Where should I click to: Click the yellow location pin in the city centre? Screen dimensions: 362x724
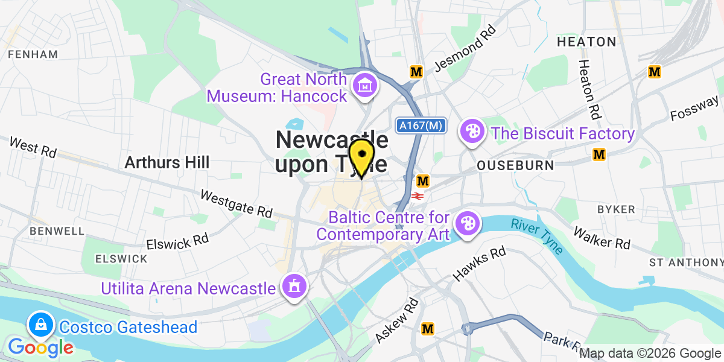361,155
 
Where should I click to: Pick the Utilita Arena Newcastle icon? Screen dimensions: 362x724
294,287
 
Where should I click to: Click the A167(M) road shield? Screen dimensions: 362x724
421,125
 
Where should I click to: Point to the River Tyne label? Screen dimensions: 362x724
537,236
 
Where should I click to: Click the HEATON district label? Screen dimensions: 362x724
586,42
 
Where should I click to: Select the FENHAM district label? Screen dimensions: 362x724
33,54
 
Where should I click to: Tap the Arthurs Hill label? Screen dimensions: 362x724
167,162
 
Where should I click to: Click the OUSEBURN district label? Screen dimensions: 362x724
506,165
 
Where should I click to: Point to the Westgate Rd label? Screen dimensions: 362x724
236,204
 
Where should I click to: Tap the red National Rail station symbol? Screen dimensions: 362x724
417,195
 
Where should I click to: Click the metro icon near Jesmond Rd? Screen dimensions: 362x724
416,71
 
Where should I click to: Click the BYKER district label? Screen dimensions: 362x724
615,209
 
